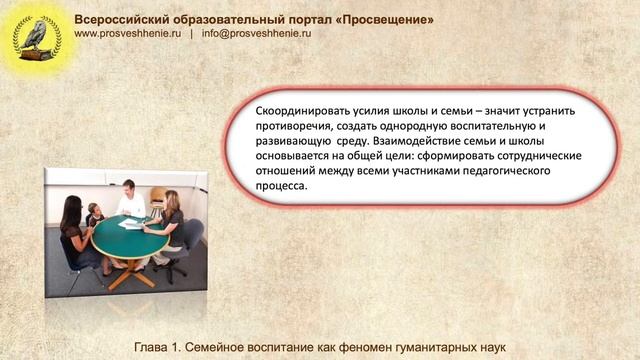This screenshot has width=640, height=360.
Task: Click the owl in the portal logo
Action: point(36,33)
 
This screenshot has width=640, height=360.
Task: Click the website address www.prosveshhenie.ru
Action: point(128,32)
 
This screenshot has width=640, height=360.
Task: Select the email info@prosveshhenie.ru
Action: point(257,32)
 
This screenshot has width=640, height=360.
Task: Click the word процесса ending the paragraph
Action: point(284,185)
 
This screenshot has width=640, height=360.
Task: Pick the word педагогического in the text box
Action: point(506,171)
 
